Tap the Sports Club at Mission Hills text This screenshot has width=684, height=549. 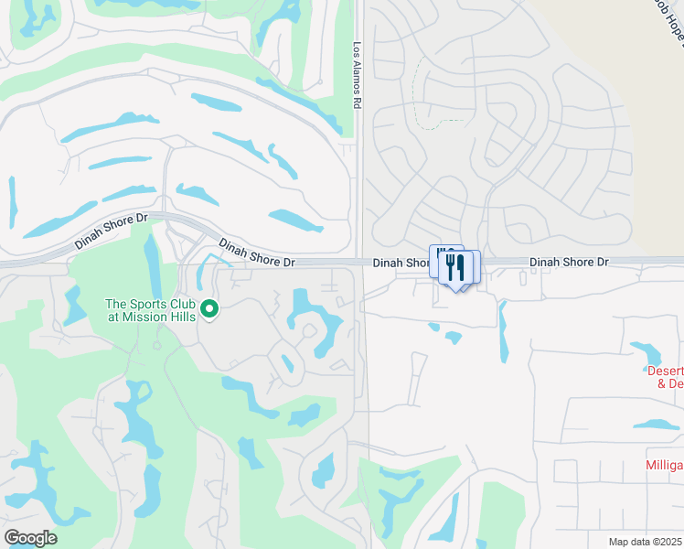pyautogui.click(x=150, y=310)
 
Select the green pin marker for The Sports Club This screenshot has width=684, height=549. pyautogui.click(x=209, y=310)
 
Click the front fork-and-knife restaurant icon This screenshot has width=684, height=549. pyautogui.click(x=457, y=269)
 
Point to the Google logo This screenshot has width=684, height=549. pyautogui.click(x=29, y=538)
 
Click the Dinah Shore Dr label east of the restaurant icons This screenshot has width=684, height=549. pyautogui.click(x=569, y=262)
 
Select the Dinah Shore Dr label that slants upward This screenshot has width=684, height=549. pyautogui.click(x=111, y=232)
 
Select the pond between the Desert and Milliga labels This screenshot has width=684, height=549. pyautogui.click(x=657, y=425)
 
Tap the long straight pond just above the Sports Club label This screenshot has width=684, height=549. pyautogui.click(x=152, y=265)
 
